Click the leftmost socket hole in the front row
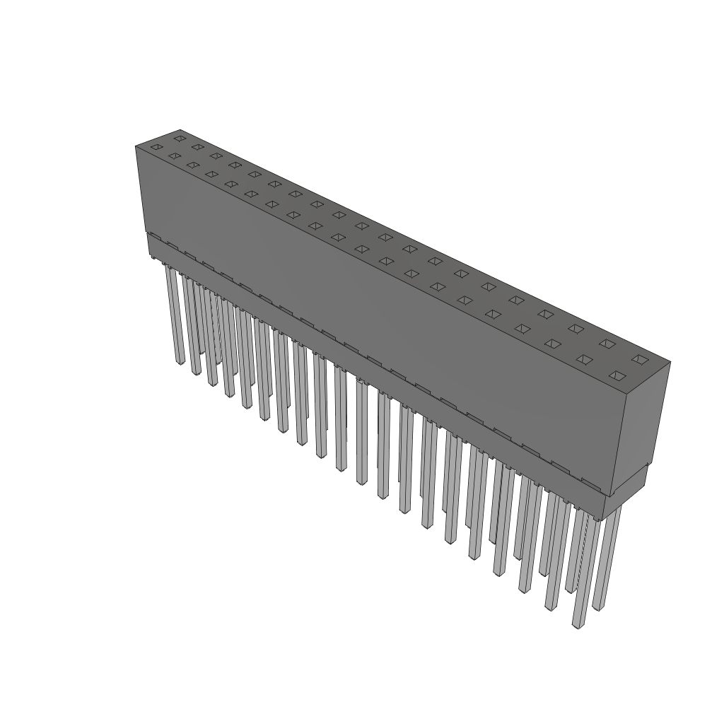coord(156,147)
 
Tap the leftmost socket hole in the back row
coord(180,138)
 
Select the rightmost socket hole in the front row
coord(617,375)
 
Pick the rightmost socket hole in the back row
coord(640,360)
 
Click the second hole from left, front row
coord(174,156)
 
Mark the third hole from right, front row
coord(552,344)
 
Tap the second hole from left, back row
coord(198,147)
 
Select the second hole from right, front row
coord(584,359)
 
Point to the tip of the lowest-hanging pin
coord(579,625)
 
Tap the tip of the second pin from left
coord(196,373)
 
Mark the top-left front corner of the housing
coord(136,146)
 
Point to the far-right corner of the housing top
coord(670,363)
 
